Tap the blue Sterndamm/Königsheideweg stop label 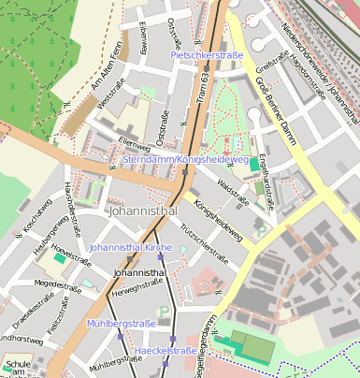pos(186,160)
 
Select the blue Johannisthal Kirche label pos(131,247)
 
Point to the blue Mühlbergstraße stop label pos(121,323)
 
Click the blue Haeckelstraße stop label pos(166,351)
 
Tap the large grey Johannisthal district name pos(143,212)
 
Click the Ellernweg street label pos(135,145)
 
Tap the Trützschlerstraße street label pos(204,242)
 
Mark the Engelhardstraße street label pos(268,177)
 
